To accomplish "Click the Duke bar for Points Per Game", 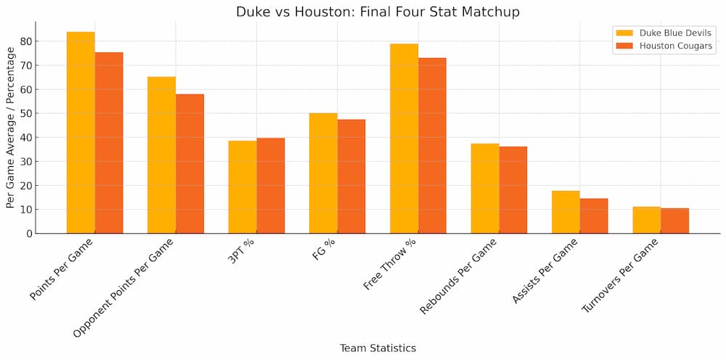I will pyautogui.click(x=81, y=133).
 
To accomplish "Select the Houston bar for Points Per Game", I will pyautogui.click(x=109, y=143).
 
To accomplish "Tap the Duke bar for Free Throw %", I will pyautogui.click(x=404, y=139).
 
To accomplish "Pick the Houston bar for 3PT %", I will pyautogui.click(x=271, y=186).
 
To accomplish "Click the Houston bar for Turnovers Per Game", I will pyautogui.click(x=675, y=221).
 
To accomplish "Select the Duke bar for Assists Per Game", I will pyautogui.click(x=566, y=212).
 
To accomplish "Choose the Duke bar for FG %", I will pyautogui.click(x=323, y=173).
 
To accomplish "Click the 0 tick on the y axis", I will pyautogui.click(x=28, y=234).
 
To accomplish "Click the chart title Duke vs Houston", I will pyautogui.click(x=378, y=12).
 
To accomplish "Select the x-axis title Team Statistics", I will pyautogui.click(x=378, y=348).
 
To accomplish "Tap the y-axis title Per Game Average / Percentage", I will pyautogui.click(x=10, y=127).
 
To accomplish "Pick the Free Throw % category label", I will pyautogui.click(x=390, y=263).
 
